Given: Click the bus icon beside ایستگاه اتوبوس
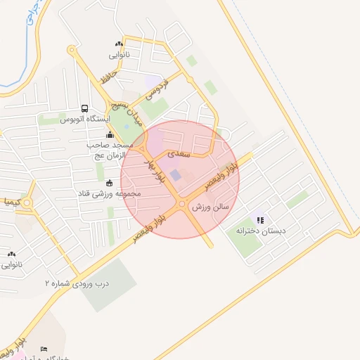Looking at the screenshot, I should (x=85, y=109).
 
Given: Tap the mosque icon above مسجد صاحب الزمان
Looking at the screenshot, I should (x=109, y=135).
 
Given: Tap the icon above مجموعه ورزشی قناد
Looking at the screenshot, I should (x=109, y=184).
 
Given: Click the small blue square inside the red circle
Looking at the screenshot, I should (x=175, y=174).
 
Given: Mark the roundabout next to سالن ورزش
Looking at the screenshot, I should (x=182, y=204).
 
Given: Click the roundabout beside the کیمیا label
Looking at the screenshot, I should (x=27, y=204).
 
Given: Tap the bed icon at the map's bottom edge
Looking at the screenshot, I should (x=44, y=349).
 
